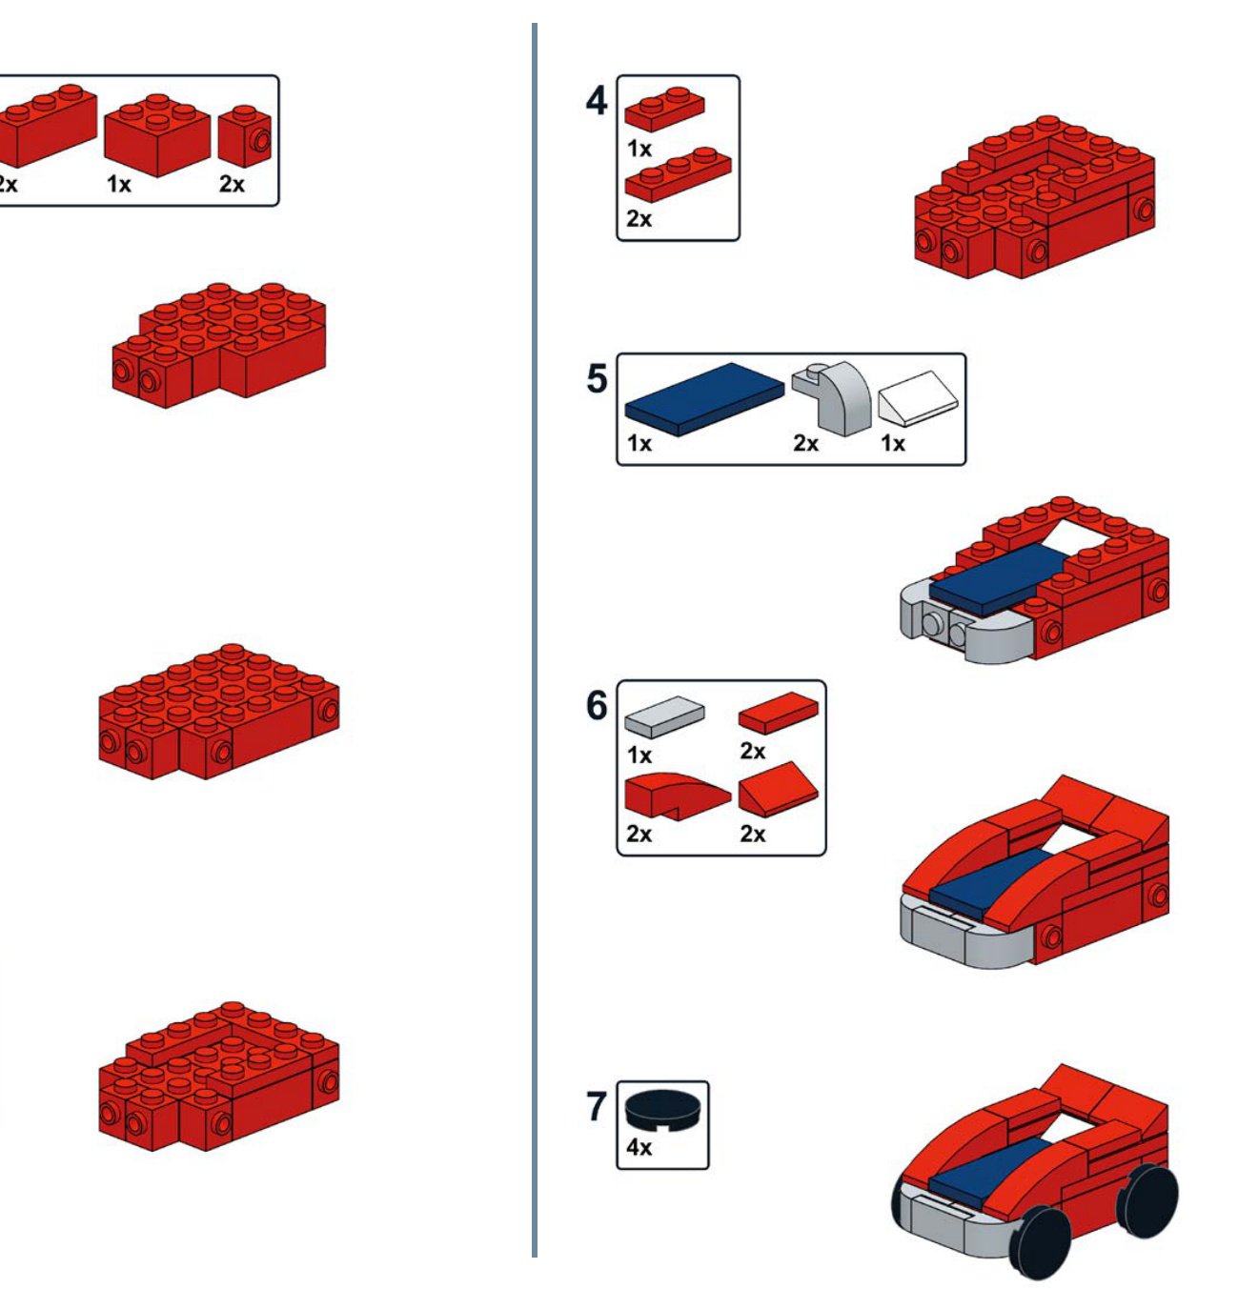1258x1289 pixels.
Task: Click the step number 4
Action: tap(597, 101)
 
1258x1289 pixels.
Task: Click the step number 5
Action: tap(597, 379)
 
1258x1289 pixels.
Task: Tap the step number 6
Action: tap(597, 705)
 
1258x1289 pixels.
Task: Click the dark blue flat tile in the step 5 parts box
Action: tap(704, 399)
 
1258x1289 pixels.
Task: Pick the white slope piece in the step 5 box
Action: tap(918, 399)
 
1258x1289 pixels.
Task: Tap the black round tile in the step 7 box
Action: tap(662, 1109)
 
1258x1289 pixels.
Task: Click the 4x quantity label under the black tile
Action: tap(639, 1147)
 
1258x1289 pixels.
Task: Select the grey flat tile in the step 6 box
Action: tap(664, 716)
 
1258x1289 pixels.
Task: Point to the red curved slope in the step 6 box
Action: tap(677, 796)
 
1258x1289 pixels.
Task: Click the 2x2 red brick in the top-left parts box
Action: tap(157, 135)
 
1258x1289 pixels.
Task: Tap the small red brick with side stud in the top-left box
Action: tap(244, 136)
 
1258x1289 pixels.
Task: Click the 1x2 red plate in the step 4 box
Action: tap(664, 110)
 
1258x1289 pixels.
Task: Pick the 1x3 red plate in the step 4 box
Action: tap(678, 174)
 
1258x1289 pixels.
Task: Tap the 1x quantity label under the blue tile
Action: tap(639, 444)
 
